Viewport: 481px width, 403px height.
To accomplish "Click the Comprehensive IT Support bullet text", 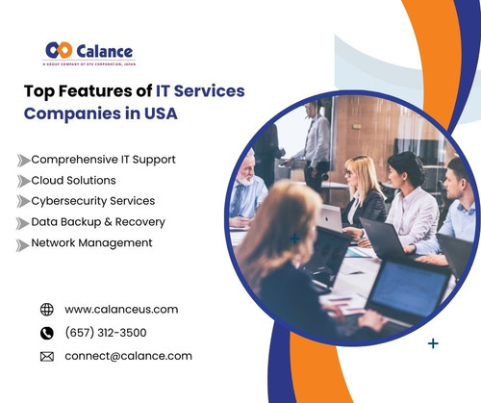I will tap(104, 159).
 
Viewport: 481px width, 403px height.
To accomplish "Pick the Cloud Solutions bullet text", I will tap(73, 180).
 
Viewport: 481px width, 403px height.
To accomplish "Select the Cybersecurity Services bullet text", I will tap(92, 201).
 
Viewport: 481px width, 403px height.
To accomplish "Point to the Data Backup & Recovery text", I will tap(98, 222).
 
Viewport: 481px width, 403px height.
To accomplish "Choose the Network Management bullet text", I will tap(91, 243).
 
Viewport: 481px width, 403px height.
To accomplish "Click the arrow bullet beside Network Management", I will tap(22, 244).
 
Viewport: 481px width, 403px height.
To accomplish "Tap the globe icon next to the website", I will tap(47, 310).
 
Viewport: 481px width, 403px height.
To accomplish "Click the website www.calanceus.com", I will tap(121, 310).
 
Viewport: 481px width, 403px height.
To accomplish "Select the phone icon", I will tap(47, 333).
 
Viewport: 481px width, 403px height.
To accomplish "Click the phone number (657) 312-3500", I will tap(106, 333).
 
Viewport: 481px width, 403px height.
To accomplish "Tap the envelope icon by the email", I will tap(47, 356).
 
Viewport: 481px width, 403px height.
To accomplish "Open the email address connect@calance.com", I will tap(128, 356).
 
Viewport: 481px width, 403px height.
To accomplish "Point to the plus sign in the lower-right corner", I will tap(433, 342).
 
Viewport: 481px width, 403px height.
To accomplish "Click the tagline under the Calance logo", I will tap(89, 64).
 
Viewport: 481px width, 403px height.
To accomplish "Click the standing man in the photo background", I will tap(316, 144).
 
